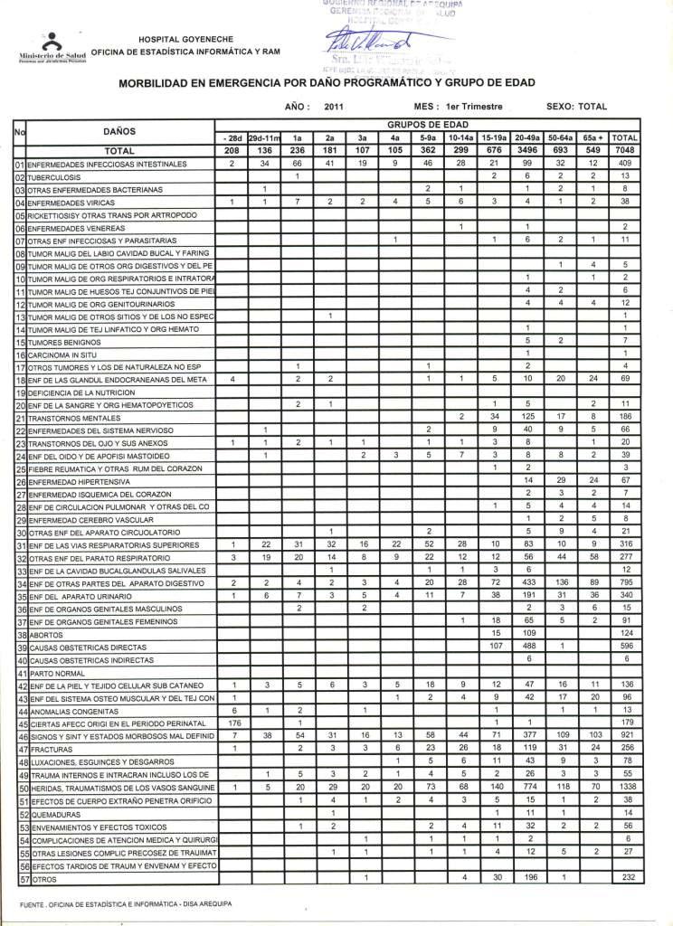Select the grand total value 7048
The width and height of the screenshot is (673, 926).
pos(624,150)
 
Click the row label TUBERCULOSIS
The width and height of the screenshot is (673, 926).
pos(54,177)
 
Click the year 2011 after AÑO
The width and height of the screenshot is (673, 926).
pos(334,107)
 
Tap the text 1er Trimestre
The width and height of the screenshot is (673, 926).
pos(476,107)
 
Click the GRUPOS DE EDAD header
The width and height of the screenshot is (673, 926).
pos(426,124)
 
